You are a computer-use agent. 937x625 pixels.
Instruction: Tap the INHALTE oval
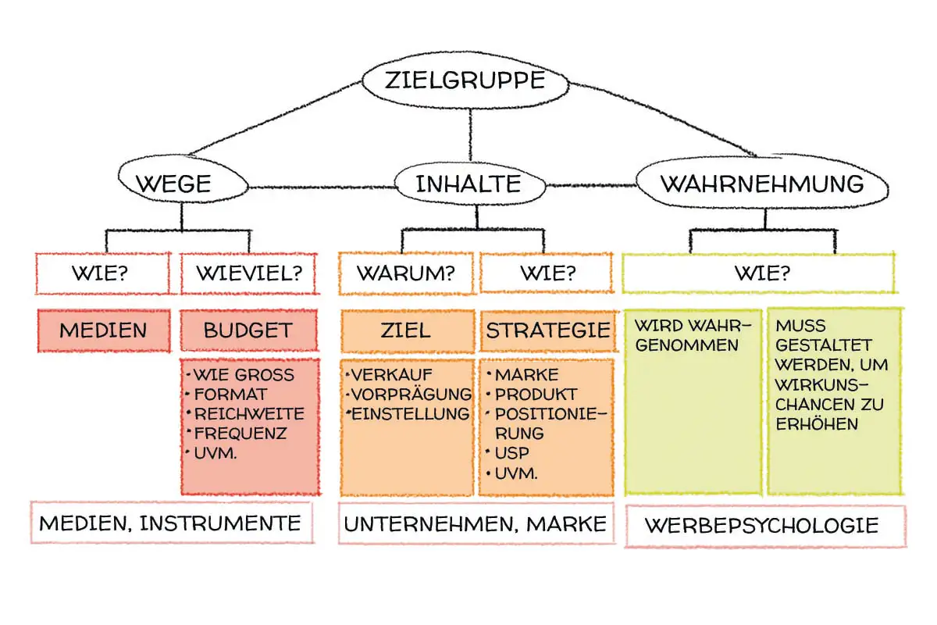click(468, 184)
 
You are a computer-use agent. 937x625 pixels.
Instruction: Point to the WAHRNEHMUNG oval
click(762, 184)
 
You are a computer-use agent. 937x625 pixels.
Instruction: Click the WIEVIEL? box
click(249, 274)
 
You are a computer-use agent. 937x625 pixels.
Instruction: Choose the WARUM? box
click(406, 274)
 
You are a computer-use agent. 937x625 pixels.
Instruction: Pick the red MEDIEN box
click(103, 330)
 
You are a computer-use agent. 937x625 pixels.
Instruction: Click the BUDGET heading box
click(249, 330)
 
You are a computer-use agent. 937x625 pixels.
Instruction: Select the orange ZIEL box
click(407, 330)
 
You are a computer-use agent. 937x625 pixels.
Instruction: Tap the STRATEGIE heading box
click(547, 330)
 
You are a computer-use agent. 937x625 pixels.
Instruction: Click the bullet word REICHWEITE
click(249, 413)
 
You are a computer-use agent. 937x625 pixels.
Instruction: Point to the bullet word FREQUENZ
click(240, 432)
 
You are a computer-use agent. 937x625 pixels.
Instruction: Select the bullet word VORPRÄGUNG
click(411, 394)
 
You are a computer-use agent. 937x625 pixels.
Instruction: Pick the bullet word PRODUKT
click(536, 394)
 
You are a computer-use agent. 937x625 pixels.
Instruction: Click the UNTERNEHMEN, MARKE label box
click(475, 524)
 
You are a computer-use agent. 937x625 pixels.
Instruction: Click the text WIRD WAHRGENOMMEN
click(692, 335)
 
